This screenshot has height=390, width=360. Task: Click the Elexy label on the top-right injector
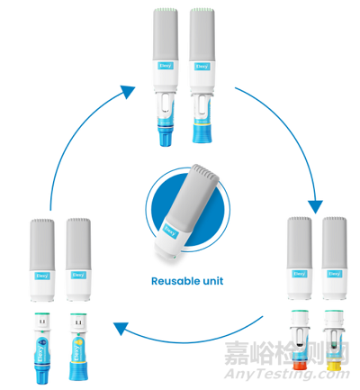coord(202,65)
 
